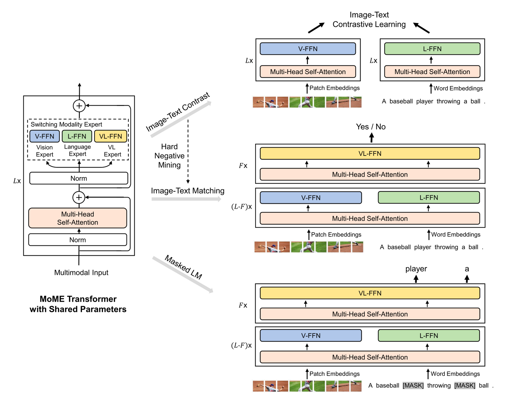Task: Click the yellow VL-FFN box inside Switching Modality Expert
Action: [111, 136]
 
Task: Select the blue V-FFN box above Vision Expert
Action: [45, 136]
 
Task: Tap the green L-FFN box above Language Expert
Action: [77, 136]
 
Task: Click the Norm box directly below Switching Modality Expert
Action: [79, 178]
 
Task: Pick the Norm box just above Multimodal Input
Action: [78, 240]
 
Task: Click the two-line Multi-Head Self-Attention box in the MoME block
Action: [78, 218]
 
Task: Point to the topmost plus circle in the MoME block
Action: [79, 106]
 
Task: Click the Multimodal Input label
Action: [81, 273]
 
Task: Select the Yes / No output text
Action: [371, 127]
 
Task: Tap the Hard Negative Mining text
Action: [170, 156]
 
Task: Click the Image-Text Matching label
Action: [188, 191]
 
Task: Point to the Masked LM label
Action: [183, 267]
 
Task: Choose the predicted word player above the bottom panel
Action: [416, 269]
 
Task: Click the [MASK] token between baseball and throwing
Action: [413, 386]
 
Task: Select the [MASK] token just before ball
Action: [465, 386]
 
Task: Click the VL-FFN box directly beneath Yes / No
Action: [370, 153]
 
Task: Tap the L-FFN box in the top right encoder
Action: [432, 49]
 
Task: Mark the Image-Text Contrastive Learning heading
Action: [369, 19]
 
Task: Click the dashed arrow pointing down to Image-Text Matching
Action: [188, 151]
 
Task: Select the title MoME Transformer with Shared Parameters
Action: [78, 304]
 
